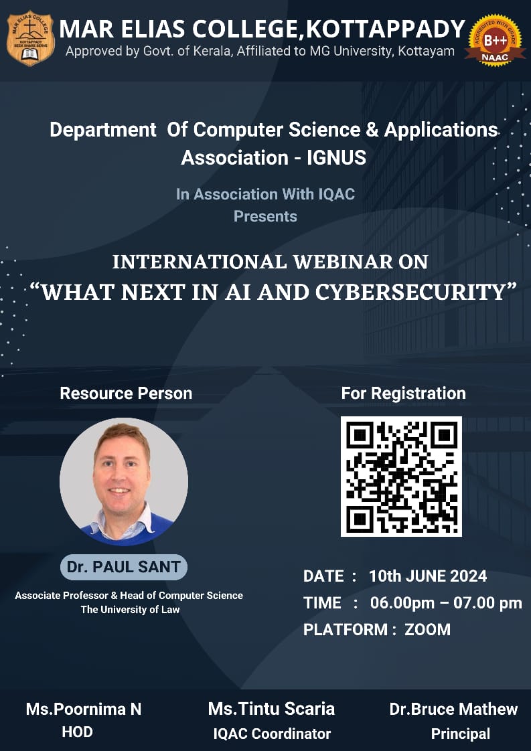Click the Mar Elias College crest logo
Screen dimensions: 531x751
[31, 38]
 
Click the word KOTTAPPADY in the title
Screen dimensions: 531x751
[385, 29]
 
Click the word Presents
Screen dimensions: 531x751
[265, 216]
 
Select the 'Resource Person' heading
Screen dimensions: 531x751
[126, 393]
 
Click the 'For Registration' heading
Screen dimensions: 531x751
[404, 393]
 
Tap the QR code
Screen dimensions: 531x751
[401, 476]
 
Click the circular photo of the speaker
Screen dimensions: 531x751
[124, 482]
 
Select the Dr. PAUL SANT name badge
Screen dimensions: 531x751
[124, 567]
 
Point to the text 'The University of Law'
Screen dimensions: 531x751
[130, 610]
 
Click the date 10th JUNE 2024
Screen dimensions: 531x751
[428, 576]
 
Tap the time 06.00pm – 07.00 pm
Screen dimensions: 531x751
[446, 603]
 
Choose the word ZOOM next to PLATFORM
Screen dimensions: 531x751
[427, 629]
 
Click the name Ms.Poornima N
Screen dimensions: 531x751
[84, 709]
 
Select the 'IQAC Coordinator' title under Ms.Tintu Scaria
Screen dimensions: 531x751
[273, 734]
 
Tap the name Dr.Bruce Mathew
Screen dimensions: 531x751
[453, 709]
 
